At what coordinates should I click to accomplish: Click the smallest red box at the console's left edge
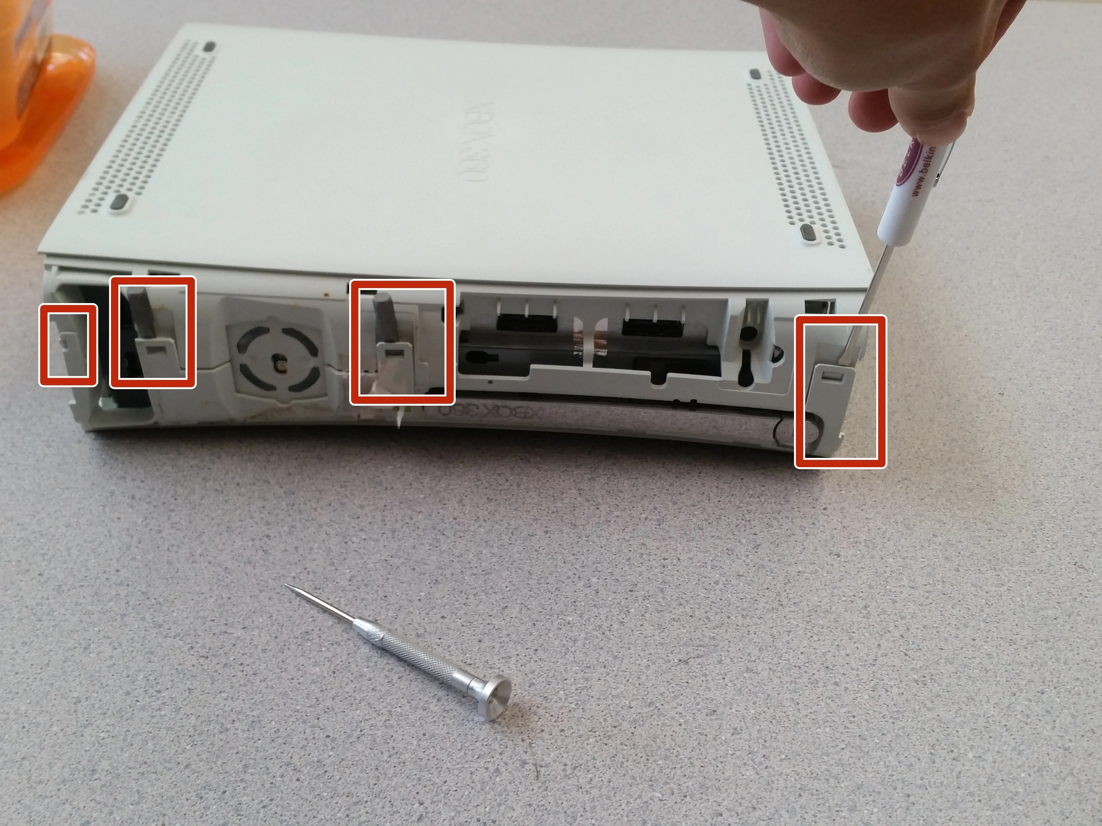[x=68, y=344]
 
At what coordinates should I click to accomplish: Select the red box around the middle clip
[x=402, y=342]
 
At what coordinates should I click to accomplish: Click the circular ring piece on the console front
[x=279, y=366]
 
